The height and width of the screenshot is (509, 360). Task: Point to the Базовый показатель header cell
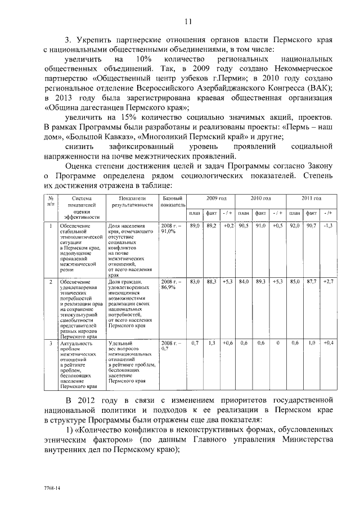(172, 202)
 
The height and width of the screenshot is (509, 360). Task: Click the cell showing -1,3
(328, 226)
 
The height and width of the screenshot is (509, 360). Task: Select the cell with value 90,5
(244, 226)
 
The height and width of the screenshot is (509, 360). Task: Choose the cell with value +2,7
(328, 281)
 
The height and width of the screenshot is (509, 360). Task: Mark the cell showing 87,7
(311, 281)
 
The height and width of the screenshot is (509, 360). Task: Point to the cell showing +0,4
(328, 343)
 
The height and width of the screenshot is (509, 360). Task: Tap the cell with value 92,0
(294, 226)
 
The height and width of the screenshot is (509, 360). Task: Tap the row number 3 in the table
(51, 343)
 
